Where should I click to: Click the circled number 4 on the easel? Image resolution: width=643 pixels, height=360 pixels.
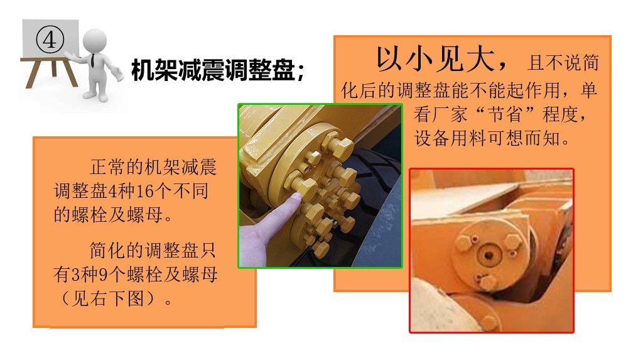click(50, 40)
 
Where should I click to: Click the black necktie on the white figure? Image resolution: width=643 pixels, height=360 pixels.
click(92, 62)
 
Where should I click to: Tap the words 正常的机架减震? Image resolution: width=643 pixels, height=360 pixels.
click(153, 168)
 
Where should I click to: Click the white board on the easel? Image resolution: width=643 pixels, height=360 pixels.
click(50, 41)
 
